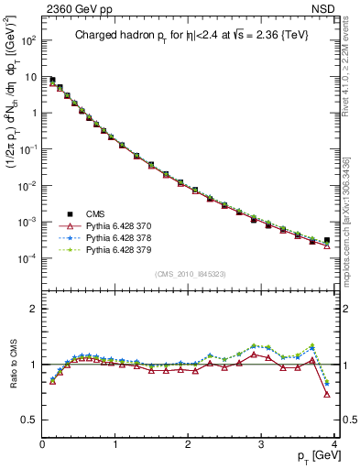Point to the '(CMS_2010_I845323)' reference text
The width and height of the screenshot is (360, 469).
pyautogui.click(x=189, y=273)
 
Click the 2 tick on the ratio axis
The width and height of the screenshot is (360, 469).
pyautogui.click(x=33, y=309)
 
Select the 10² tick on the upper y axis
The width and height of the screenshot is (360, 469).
pyautogui.click(x=29, y=41)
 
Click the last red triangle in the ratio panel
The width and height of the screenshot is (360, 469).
pyautogui.click(x=327, y=395)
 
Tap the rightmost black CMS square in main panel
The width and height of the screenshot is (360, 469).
pyautogui.click(x=327, y=240)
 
